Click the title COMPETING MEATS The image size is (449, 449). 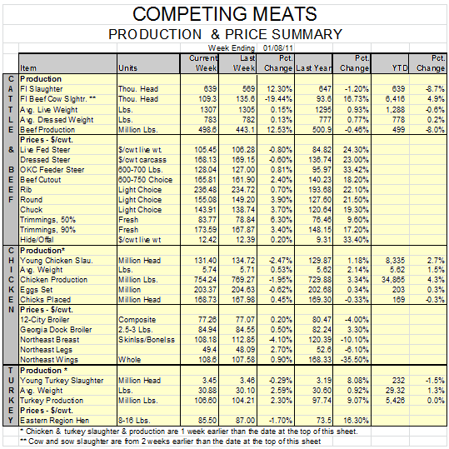pos(225,13)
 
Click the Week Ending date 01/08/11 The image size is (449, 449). pos(277,47)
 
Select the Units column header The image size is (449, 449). pos(127,68)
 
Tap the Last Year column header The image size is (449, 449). pos(314,68)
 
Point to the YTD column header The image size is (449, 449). pos(400,68)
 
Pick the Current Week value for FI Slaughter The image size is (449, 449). pos(210,89)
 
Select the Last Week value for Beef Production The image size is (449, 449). pos(244,130)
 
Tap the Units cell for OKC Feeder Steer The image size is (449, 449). pos(140,170)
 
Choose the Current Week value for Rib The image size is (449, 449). pos(205,190)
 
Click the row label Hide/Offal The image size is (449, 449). pos(37,240)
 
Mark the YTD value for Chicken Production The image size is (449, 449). pos(393,280)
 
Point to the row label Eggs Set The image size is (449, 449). pos(36,290)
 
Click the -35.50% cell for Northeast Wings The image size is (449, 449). pos(355,360)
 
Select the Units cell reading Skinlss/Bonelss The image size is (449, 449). pos(147,340)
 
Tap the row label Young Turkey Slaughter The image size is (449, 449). pos(62,381)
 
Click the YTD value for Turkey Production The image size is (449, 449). pos(395,401)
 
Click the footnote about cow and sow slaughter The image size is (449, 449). pos(171,442)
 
